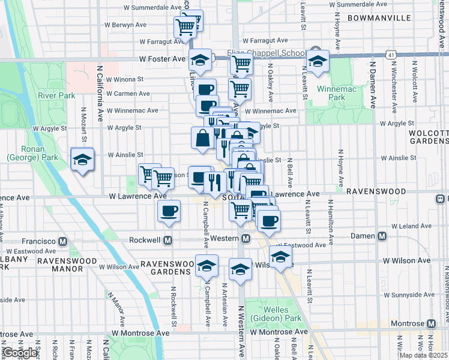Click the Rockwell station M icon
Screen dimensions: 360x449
point(169,240)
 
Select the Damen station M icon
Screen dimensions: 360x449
point(382,236)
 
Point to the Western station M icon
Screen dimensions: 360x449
point(246,239)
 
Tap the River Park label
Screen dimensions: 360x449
point(56,95)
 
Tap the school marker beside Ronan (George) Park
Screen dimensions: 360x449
point(82,160)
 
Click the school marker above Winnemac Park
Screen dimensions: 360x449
point(318,61)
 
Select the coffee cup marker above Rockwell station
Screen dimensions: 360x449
point(169,211)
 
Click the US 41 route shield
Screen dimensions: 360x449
point(391,54)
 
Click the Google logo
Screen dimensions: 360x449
point(20,353)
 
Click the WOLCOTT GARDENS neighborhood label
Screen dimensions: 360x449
point(428,136)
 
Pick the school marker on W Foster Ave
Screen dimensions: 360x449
point(200,60)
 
